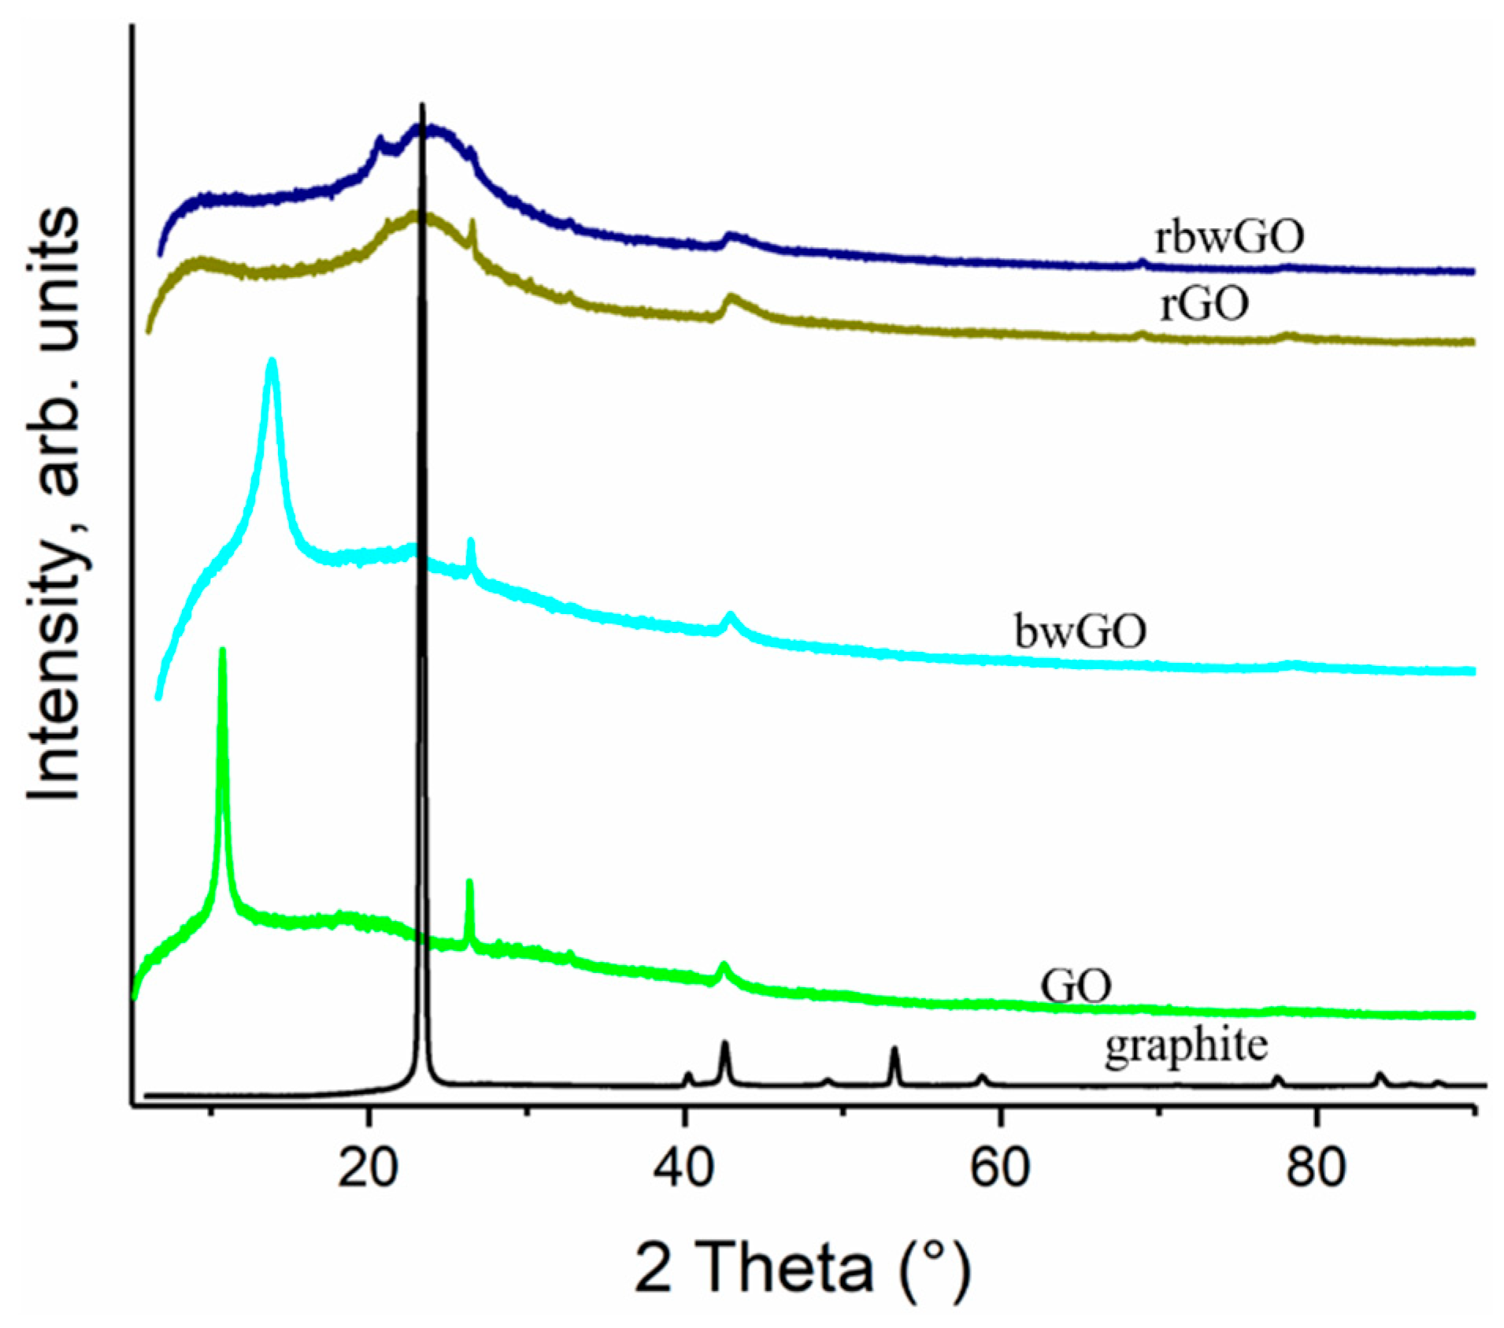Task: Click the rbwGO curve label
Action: tap(1228, 235)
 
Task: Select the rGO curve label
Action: tap(1204, 303)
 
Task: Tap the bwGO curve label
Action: tap(1080, 631)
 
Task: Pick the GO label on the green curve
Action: tap(1075, 985)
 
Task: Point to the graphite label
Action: tap(1186, 1046)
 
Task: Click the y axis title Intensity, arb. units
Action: tap(55, 504)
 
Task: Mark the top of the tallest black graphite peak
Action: tap(423, 105)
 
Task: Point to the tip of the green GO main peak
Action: tap(222, 650)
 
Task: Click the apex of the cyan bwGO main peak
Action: tap(272, 361)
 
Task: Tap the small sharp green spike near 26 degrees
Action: tap(469, 882)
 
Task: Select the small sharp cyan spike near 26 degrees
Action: tap(471, 541)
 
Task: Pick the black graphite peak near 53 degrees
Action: tap(894, 1049)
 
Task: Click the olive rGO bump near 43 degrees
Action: tap(732, 298)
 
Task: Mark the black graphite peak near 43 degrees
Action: tap(724, 1044)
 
